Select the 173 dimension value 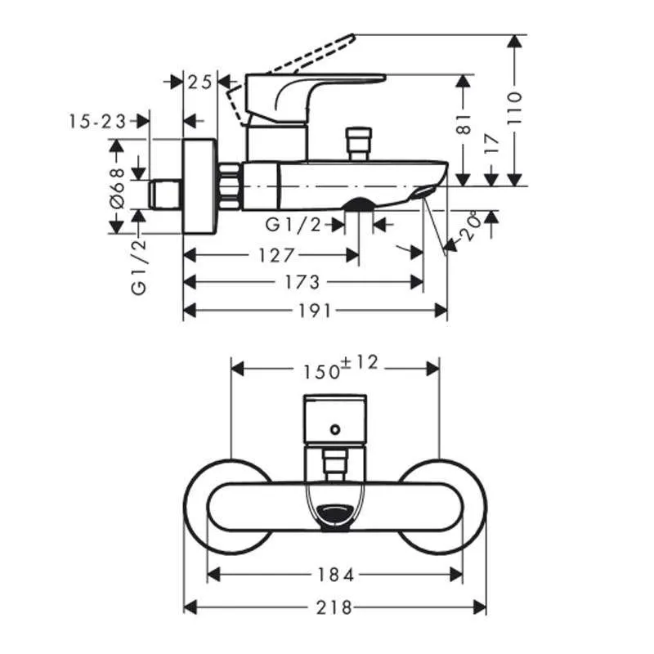(302, 282)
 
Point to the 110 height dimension (513, 107)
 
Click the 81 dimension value (464, 123)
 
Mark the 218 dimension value (335, 607)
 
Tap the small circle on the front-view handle (334, 428)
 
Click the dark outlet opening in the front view (334, 515)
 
